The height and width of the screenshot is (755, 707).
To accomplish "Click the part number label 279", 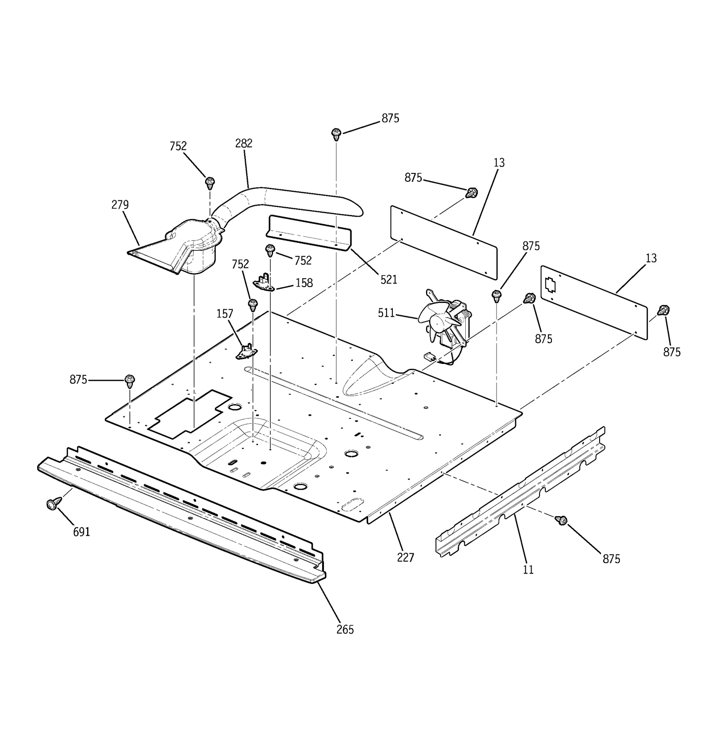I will (x=120, y=205).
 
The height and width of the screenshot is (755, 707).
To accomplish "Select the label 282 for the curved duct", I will (x=243, y=143).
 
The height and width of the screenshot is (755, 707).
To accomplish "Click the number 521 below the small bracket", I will (x=389, y=280).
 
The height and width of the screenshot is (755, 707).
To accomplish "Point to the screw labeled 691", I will (x=53, y=504).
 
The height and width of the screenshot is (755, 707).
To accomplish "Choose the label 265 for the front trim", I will (x=345, y=629).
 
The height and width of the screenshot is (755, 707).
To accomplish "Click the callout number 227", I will (x=405, y=558).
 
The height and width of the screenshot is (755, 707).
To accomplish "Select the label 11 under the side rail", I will (x=528, y=570).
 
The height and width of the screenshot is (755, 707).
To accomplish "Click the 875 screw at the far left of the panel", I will (x=129, y=380).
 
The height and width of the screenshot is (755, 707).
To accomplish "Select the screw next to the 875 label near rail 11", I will (x=563, y=520).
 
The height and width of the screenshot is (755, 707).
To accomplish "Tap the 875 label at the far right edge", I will (x=672, y=352).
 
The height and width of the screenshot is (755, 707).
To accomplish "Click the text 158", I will (x=304, y=283).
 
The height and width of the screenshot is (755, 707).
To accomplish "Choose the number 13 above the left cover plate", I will (x=499, y=163).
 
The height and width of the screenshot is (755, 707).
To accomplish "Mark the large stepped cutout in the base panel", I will (x=190, y=414).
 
